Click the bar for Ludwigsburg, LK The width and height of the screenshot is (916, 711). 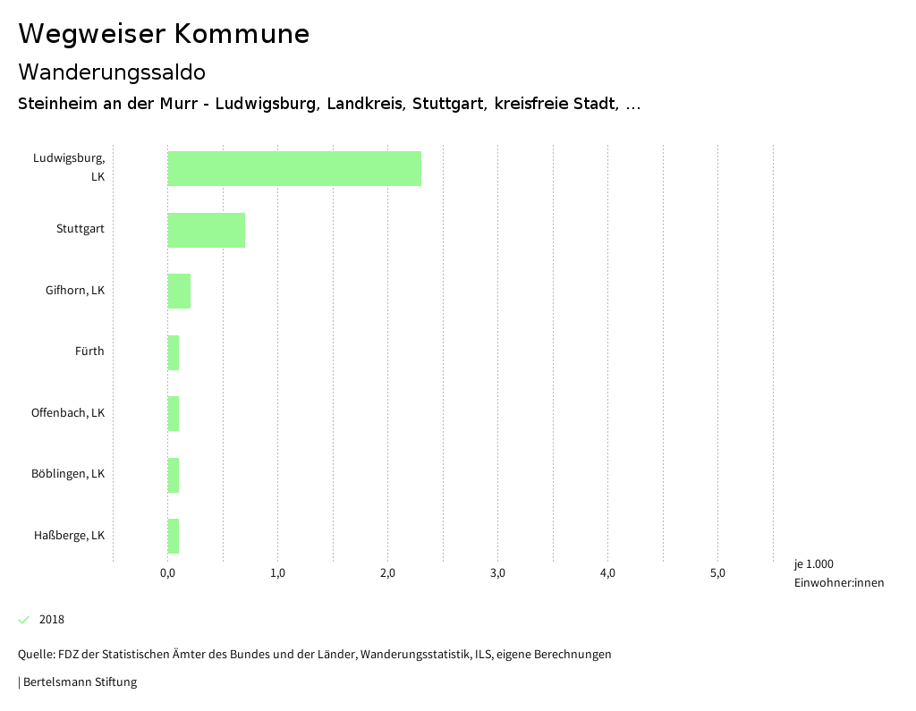pyautogui.click(x=294, y=168)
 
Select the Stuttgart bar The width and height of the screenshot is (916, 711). pyautogui.click(x=207, y=230)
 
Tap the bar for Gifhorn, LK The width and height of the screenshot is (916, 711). pyautogui.click(x=179, y=291)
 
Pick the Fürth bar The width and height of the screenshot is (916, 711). pyautogui.click(x=174, y=352)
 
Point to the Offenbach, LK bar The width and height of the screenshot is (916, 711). pyautogui.click(x=174, y=413)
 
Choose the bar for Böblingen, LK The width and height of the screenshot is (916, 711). pyautogui.click(x=174, y=474)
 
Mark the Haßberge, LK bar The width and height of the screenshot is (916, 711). pyautogui.click(x=174, y=536)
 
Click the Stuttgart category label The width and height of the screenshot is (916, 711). pyautogui.click(x=81, y=229)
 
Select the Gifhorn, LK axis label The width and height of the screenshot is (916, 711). pyautogui.click(x=75, y=291)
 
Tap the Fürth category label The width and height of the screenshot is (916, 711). pyautogui.click(x=89, y=351)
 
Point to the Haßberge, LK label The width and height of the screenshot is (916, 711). pyautogui.click(x=70, y=536)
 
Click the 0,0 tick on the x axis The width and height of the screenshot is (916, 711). pyautogui.click(x=167, y=573)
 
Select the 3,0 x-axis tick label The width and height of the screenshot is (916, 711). pyautogui.click(x=498, y=573)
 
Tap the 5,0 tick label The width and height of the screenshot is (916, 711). pyautogui.click(x=717, y=573)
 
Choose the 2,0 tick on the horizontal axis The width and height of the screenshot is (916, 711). pyautogui.click(x=387, y=573)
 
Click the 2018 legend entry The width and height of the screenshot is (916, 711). pyautogui.click(x=51, y=620)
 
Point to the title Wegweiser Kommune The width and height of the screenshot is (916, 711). pyautogui.click(x=164, y=34)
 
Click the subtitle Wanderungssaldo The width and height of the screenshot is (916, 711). pyautogui.click(x=112, y=72)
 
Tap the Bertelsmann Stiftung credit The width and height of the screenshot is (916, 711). pyautogui.click(x=80, y=682)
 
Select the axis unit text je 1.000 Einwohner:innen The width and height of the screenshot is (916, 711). pyautogui.click(x=838, y=573)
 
